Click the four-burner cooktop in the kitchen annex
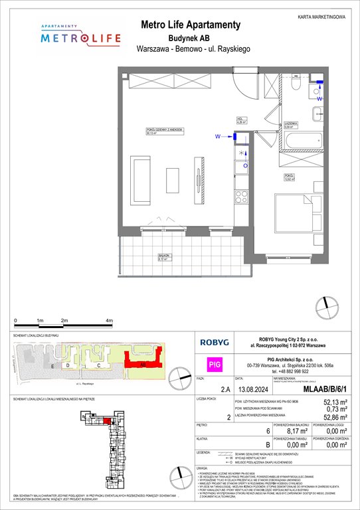tap(242, 197)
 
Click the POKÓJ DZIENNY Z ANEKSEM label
tap(165, 131)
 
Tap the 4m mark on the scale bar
tap(108, 320)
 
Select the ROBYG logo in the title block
tap(216, 342)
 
